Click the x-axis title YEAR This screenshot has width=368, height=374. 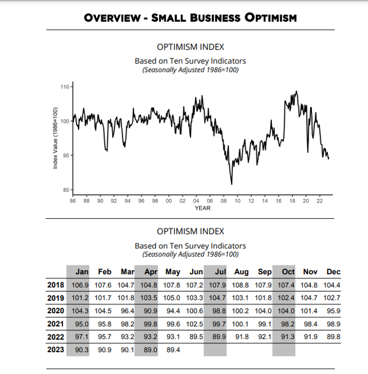(x=202, y=208)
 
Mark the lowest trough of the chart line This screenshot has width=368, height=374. (x=232, y=184)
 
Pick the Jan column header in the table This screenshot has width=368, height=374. (x=82, y=272)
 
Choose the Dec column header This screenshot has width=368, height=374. (x=333, y=272)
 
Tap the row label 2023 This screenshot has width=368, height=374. (x=55, y=350)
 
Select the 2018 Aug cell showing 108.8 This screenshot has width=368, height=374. (x=241, y=285)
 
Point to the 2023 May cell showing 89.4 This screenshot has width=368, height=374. (x=173, y=350)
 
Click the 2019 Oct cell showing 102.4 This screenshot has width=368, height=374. (x=287, y=298)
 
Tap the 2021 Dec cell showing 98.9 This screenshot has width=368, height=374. (x=333, y=324)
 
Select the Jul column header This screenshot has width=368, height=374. (x=219, y=272)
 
